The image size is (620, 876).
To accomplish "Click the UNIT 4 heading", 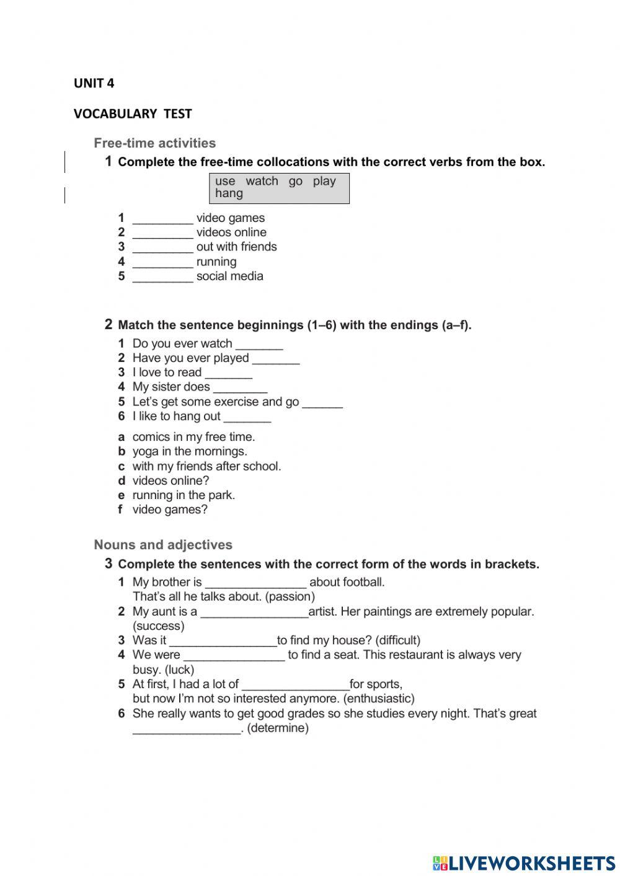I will (94, 83).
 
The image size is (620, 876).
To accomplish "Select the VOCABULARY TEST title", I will (133, 114).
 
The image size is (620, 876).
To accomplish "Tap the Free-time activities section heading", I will (155, 143).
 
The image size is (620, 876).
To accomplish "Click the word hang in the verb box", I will (229, 193).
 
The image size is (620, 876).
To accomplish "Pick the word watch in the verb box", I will (262, 181).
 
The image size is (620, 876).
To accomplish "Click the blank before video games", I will (163, 219).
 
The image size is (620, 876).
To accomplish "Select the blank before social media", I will (163, 277).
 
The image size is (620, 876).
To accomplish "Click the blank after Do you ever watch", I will (259, 345).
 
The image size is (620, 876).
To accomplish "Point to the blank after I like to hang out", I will (247, 417).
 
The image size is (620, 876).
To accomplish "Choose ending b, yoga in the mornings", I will (189, 451).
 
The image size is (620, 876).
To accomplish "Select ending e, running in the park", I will (183, 495).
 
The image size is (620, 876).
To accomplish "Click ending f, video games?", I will (169, 510).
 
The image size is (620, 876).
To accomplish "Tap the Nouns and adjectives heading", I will (163, 545).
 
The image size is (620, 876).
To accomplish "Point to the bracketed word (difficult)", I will (398, 640).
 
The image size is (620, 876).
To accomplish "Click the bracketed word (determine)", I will (278, 728).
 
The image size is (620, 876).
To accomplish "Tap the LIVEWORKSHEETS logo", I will (524, 863).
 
